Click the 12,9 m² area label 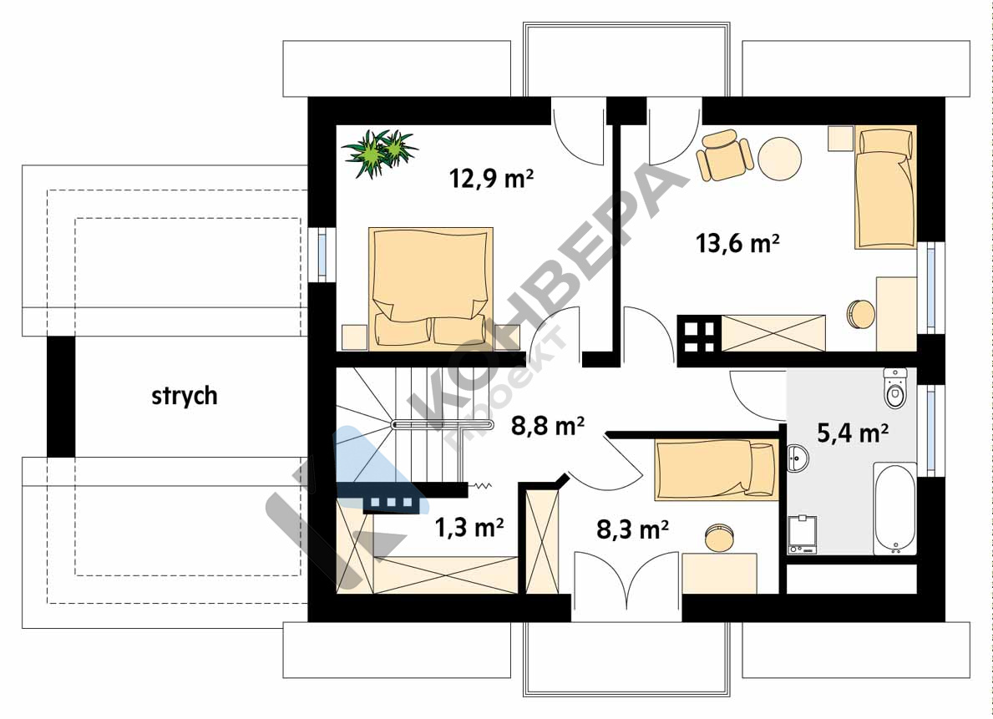[x=491, y=179]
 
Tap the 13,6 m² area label [x=737, y=243]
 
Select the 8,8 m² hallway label [x=548, y=427]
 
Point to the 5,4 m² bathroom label [x=853, y=433]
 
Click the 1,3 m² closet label [x=469, y=527]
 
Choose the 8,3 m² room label [x=633, y=529]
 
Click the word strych [x=185, y=397]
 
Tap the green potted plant [x=380, y=153]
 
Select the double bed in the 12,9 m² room [x=431, y=288]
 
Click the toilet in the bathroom [x=894, y=387]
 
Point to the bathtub [x=894, y=509]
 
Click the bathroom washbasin [x=798, y=458]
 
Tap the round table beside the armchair [x=779, y=159]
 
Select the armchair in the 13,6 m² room [x=724, y=155]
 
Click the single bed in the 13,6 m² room [x=884, y=188]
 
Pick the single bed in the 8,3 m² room [x=717, y=469]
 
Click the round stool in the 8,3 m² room [x=719, y=537]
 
